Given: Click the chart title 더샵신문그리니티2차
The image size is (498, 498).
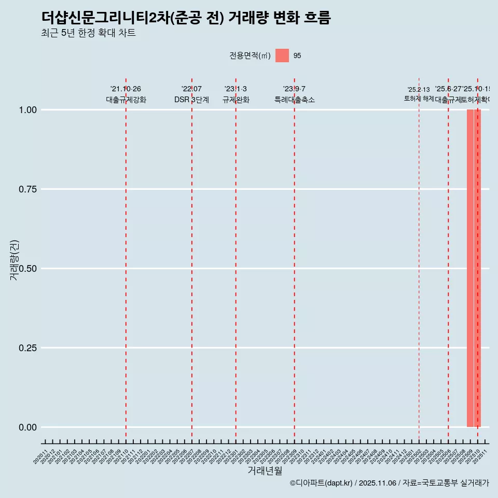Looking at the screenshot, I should tap(186, 18).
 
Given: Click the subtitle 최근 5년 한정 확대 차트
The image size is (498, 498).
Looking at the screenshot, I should tap(88, 33).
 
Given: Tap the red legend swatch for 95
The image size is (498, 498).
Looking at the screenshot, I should tap(282, 56).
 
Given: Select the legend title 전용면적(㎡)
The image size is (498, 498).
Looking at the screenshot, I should tap(250, 56).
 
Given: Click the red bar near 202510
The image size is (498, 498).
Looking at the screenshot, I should tap(474, 268).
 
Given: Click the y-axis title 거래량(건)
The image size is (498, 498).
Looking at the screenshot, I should tap(14, 260).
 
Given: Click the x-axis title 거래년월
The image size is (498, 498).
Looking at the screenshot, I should tap(265, 471).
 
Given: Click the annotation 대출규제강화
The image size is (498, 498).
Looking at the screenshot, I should tap(126, 100).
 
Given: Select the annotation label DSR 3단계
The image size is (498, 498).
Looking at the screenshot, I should tap(191, 100).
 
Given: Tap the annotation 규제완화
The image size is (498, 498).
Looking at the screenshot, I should tap(236, 100).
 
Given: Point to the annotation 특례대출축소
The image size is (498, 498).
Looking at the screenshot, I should tap(295, 100).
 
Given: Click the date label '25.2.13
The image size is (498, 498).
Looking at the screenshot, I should tap(418, 90).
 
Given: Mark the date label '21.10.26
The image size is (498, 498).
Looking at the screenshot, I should tap(126, 89).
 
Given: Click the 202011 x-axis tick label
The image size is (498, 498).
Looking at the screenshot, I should tap(41, 457).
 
